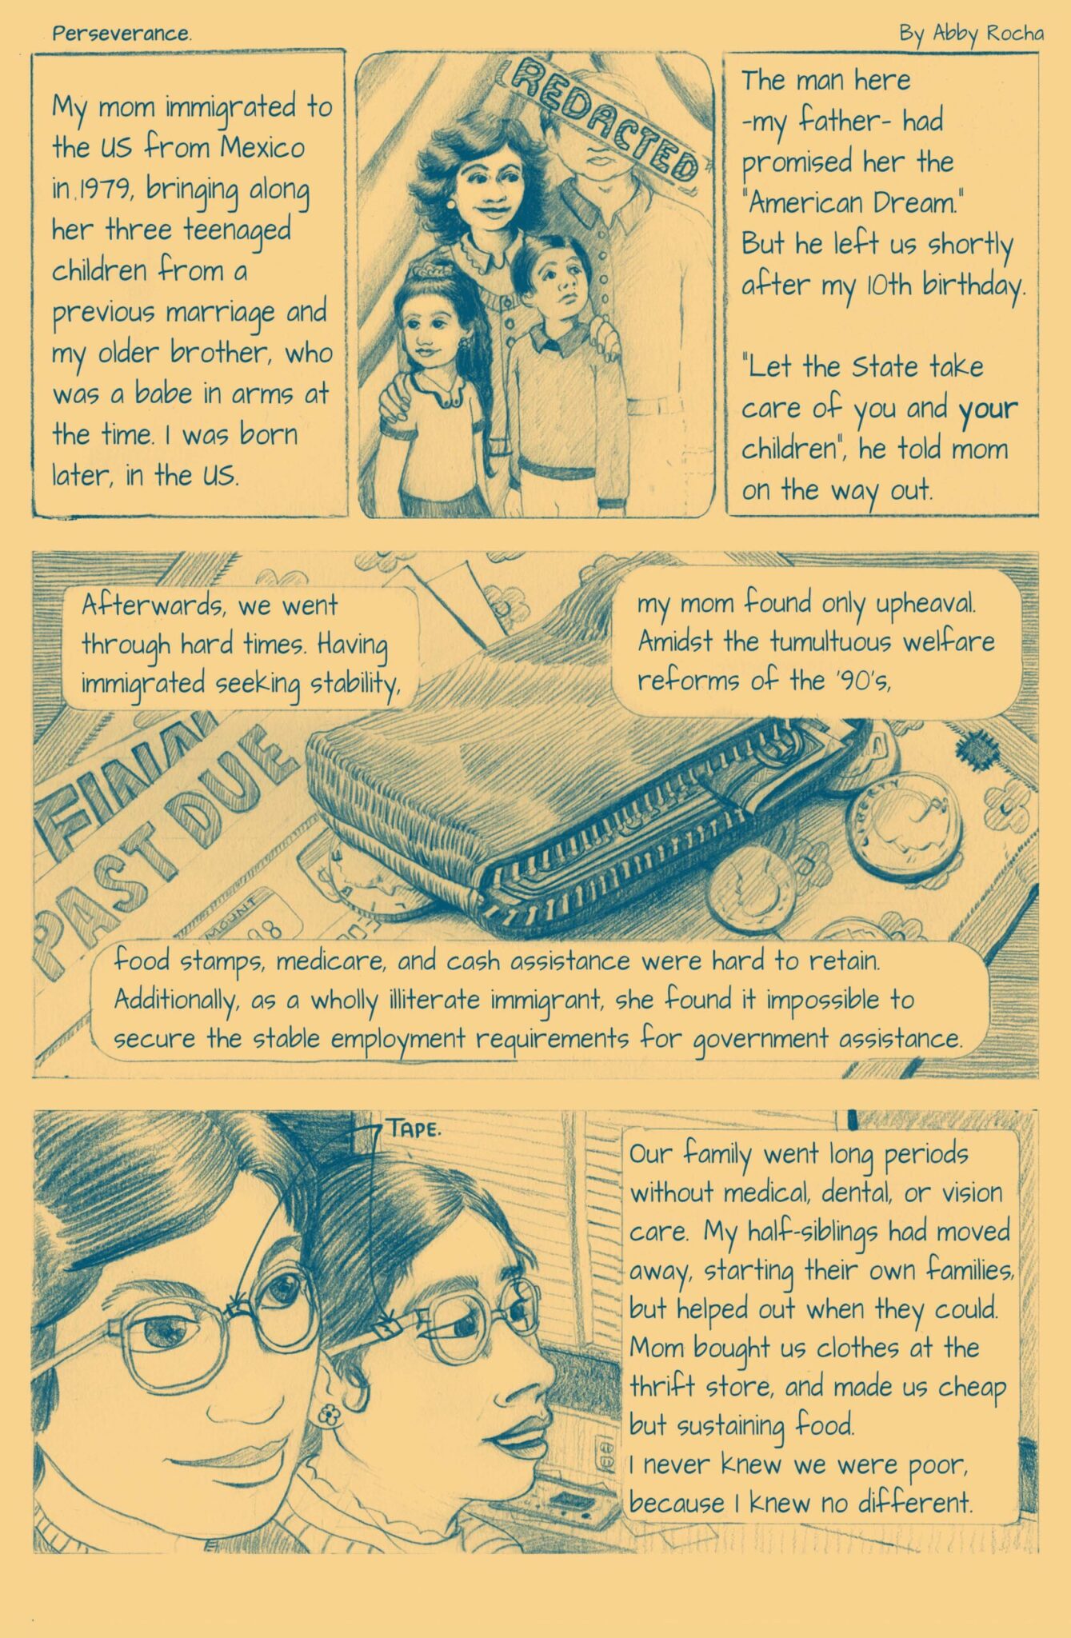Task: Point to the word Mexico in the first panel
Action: coord(263,147)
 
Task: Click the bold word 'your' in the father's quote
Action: coord(989,409)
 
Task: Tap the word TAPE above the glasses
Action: coord(414,1129)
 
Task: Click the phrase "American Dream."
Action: coord(851,203)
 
